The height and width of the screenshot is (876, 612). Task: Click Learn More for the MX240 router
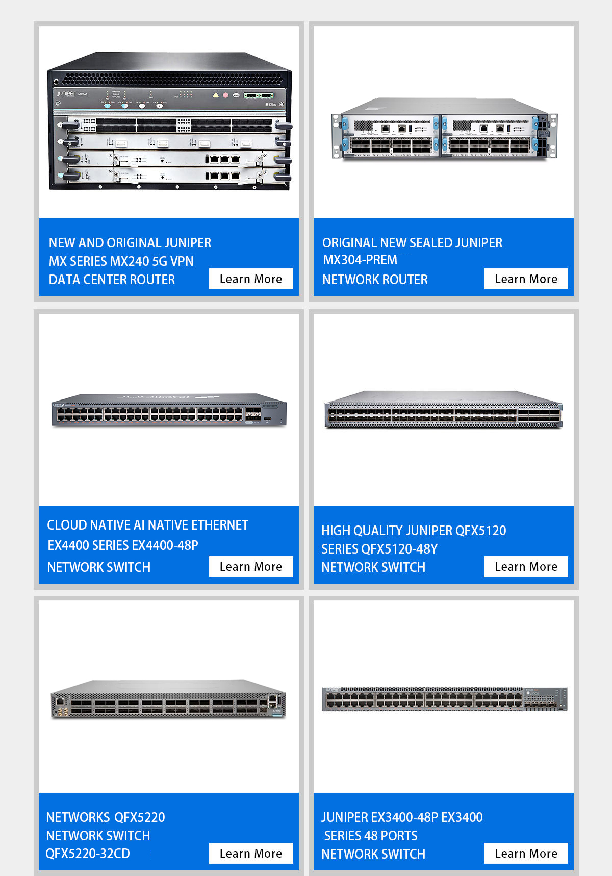pyautogui.click(x=251, y=279)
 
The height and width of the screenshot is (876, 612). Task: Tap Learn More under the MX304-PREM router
pyautogui.click(x=526, y=279)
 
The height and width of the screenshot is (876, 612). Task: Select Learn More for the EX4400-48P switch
pyautogui.click(x=251, y=567)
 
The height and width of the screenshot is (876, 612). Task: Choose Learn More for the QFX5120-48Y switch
pyautogui.click(x=526, y=567)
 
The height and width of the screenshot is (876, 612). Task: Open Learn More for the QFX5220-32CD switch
pyautogui.click(x=251, y=854)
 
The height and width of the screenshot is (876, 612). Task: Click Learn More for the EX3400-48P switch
pyautogui.click(x=526, y=854)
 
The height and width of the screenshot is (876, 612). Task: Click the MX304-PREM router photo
pyautogui.click(x=444, y=129)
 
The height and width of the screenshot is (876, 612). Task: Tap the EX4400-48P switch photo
pyautogui.click(x=169, y=410)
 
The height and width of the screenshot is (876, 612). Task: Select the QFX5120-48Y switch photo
pyautogui.click(x=444, y=410)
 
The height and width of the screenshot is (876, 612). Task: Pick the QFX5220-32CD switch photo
pyautogui.click(x=169, y=699)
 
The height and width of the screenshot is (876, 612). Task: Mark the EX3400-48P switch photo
pyautogui.click(x=444, y=698)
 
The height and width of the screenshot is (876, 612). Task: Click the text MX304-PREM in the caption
pyautogui.click(x=360, y=260)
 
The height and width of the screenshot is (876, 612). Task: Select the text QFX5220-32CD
pyautogui.click(x=88, y=854)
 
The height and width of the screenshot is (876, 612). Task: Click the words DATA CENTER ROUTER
pyautogui.click(x=112, y=280)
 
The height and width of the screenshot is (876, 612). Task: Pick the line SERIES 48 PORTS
pyautogui.click(x=371, y=836)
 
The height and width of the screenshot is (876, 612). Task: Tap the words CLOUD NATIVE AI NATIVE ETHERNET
pyautogui.click(x=147, y=525)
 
